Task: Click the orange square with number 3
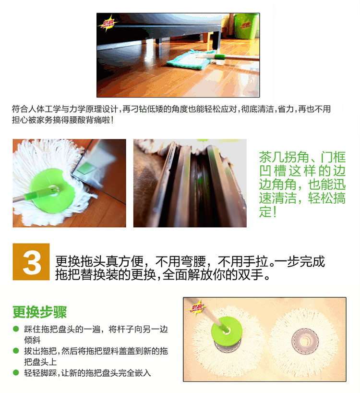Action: point(31,262)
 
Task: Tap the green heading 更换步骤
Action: point(39,312)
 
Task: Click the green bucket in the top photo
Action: point(246,26)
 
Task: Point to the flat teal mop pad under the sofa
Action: point(191,60)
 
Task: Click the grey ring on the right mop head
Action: point(305,341)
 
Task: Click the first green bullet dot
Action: point(16,329)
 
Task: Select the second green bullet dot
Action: point(16,351)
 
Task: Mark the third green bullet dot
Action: point(16,373)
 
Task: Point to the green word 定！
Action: point(268,211)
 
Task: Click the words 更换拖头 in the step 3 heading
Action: point(80,262)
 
